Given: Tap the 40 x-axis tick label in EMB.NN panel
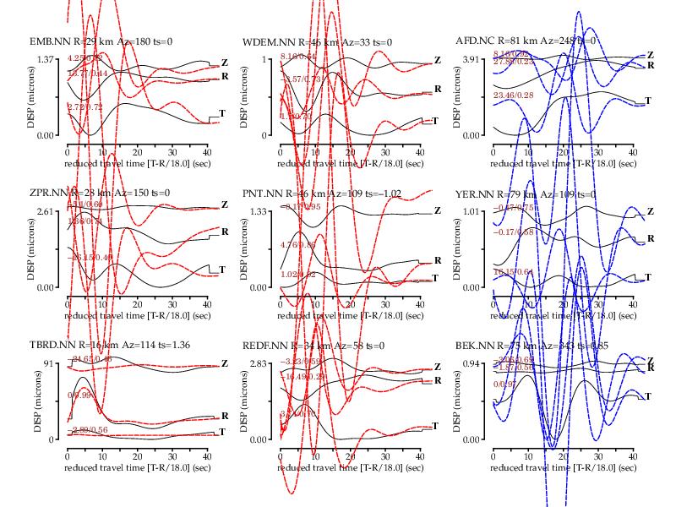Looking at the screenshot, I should pyautogui.click(x=207, y=149).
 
